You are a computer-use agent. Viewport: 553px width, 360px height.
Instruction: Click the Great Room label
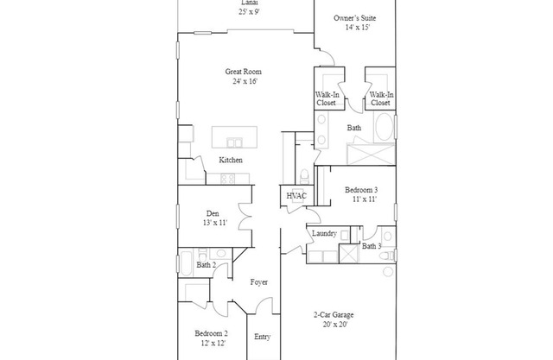[x=243, y=72]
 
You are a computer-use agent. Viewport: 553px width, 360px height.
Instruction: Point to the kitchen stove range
[x=230, y=179]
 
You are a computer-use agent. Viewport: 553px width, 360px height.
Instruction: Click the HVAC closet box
[x=296, y=197]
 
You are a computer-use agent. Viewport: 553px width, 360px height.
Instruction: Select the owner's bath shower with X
[x=371, y=155]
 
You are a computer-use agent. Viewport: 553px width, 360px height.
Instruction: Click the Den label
[x=212, y=213]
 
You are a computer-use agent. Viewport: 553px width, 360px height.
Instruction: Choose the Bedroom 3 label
[x=361, y=189]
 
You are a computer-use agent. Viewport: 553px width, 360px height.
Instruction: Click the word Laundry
[x=323, y=234]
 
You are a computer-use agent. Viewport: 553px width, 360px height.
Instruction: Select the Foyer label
[x=259, y=282]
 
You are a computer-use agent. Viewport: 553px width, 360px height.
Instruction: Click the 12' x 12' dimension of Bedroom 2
[x=211, y=343]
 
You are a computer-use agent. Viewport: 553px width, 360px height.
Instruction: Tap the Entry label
[x=262, y=336]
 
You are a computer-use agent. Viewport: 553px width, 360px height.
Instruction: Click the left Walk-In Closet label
[x=326, y=98]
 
